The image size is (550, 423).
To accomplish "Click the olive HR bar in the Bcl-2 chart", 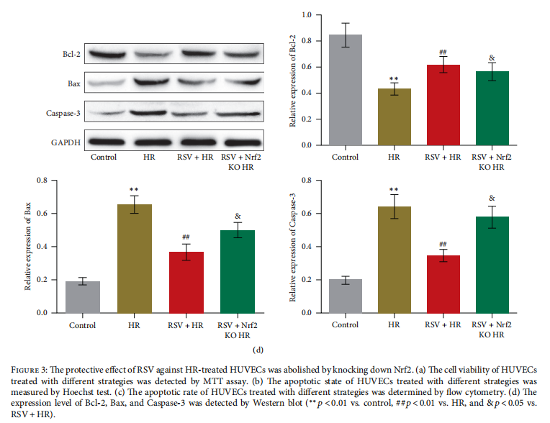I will pyautogui.click(x=392, y=117).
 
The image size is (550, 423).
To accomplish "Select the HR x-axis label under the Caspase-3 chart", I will pyautogui.click(x=392, y=325).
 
